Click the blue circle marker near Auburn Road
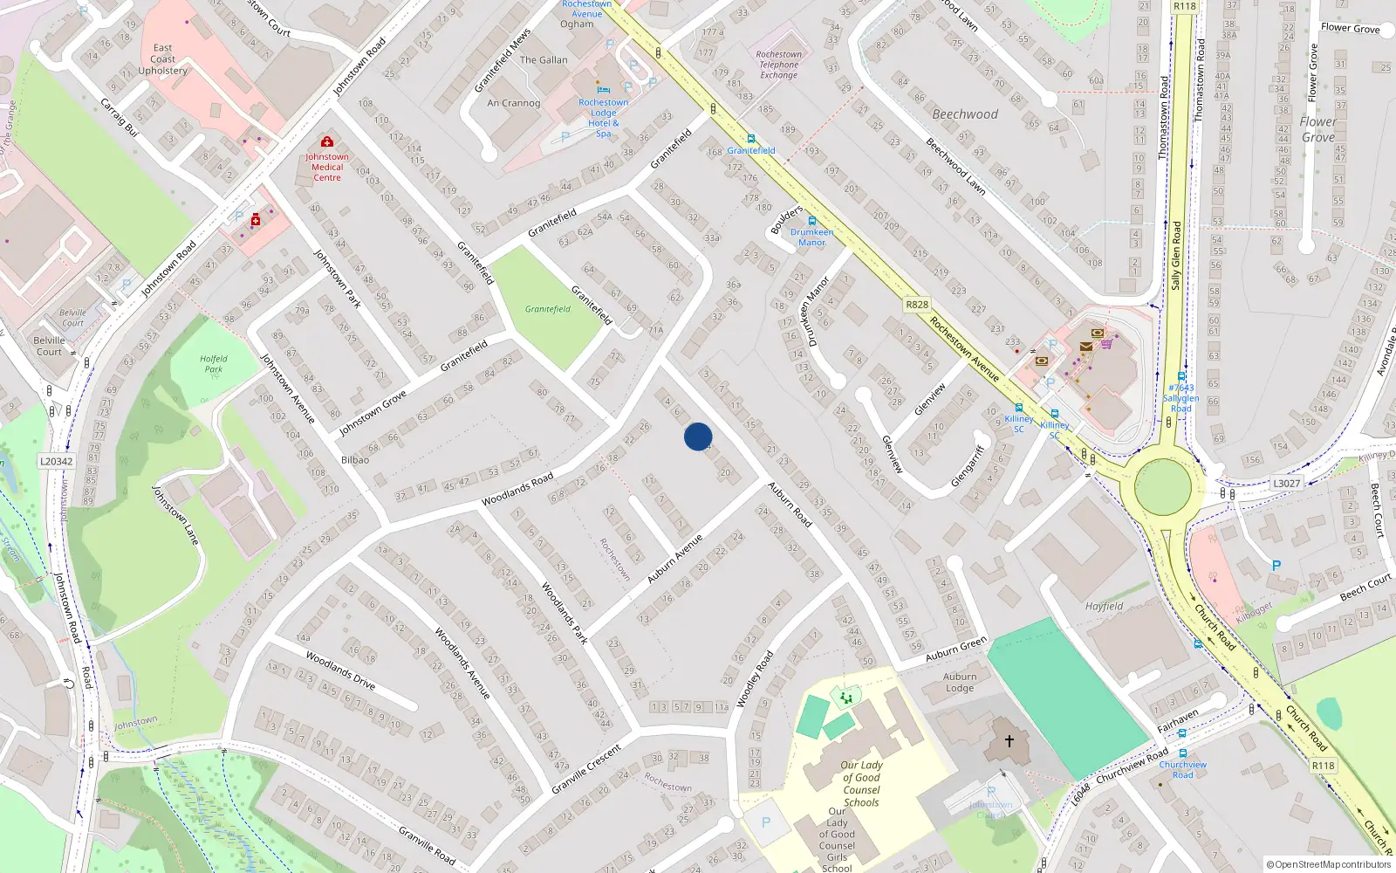pos(698,436)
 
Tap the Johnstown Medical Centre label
pos(327,167)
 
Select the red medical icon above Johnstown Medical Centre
pos(327,141)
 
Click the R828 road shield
pos(917,305)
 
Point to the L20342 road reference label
pos(57,461)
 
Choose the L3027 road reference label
pos(1286,483)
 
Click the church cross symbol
pos(1009,741)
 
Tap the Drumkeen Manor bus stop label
pos(811,237)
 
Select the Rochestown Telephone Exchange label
pos(778,65)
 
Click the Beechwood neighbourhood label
pos(965,114)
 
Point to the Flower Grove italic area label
pos(1318,129)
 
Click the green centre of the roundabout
pos(1162,486)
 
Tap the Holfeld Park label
pos(214,363)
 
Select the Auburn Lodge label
pos(960,682)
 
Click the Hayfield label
pos(1104,606)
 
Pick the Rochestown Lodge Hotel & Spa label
pos(603,118)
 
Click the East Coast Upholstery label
pos(162,59)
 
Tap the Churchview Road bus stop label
pos(1183,769)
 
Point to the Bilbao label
pos(355,459)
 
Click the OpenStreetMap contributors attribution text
pos(1329,865)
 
